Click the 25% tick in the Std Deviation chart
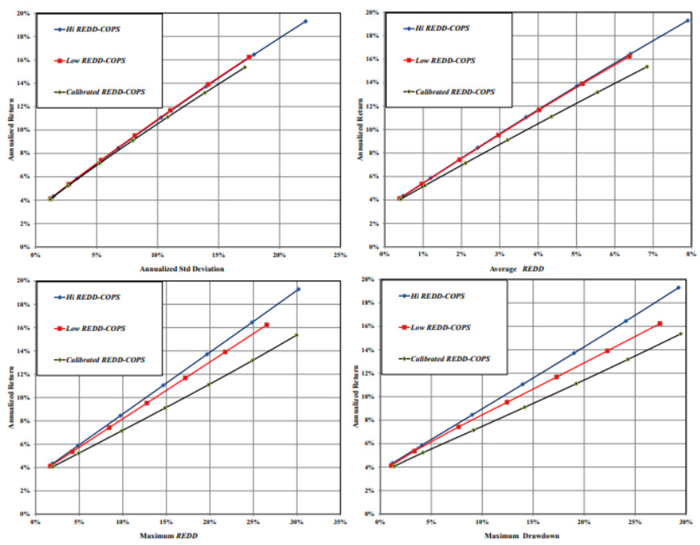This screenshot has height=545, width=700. coord(340,255)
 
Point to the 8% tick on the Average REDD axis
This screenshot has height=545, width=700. coord(690,254)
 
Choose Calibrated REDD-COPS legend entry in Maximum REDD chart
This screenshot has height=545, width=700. coord(105,359)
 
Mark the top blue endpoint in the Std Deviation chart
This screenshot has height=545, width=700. coord(305,21)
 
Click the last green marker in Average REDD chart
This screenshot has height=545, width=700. coord(647,66)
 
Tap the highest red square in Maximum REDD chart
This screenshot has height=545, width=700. coord(266,325)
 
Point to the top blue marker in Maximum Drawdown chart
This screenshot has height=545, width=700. coord(678,288)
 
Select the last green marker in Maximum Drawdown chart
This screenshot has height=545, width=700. coord(680,334)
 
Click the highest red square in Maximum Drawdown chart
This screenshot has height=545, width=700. coord(660,323)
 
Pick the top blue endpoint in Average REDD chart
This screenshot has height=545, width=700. coord(688,20)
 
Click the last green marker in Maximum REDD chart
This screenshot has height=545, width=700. coord(296,335)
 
